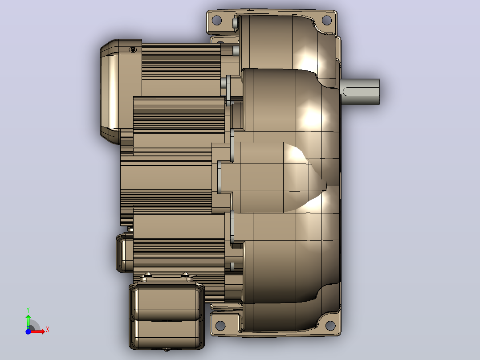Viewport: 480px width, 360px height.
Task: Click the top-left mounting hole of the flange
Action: [216, 20]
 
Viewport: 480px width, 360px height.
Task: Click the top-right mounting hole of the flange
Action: [327, 20]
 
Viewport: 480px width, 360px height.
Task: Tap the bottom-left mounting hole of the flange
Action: [220, 325]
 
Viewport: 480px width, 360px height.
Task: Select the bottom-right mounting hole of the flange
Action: [330, 325]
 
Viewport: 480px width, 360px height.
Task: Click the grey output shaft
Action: [360, 92]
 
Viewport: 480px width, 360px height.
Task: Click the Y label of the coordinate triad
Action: [28, 310]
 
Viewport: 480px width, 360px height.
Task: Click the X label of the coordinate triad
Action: [48, 330]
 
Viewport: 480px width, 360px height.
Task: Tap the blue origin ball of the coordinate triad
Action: [28, 331]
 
